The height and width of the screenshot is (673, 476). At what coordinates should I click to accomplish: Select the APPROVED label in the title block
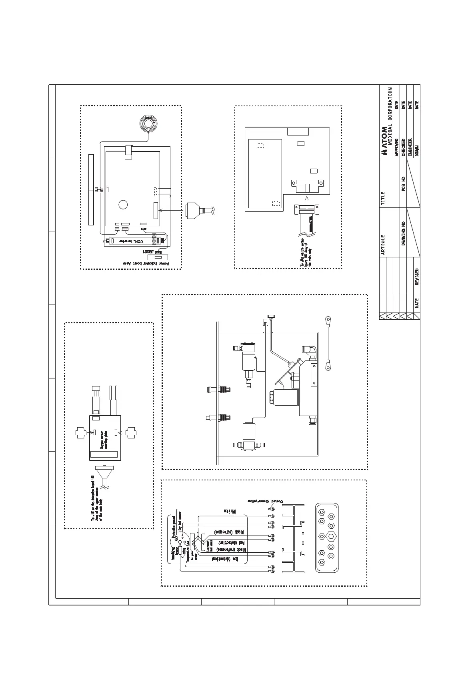pos(396,147)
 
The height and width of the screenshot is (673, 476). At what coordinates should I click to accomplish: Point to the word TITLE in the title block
pos(383,198)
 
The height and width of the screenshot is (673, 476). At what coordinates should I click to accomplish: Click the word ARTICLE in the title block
pos(383,245)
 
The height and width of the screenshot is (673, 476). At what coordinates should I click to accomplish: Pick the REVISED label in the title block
pos(417,276)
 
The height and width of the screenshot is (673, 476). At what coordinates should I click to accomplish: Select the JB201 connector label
pos(147,253)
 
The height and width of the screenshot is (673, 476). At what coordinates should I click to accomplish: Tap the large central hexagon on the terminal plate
pos(331,536)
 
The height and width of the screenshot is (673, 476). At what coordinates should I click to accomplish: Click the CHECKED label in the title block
pos(403,147)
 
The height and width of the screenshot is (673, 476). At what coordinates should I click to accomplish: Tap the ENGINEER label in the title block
pos(410,147)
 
